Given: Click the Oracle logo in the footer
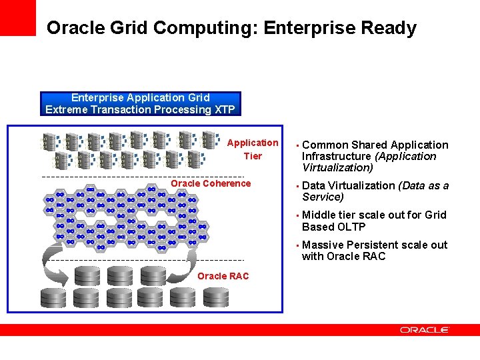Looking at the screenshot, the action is coord(425,329).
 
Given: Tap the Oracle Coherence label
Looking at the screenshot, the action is coord(211,183).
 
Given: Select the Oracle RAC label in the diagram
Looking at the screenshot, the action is coord(223,276).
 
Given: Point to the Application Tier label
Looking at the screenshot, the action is coord(253,149).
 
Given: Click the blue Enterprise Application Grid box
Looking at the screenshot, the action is coord(141,103).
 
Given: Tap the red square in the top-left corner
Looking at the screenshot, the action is coord(17,17).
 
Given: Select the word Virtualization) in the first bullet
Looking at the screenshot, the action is coord(337,167).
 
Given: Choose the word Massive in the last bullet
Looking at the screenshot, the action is coord(323,245).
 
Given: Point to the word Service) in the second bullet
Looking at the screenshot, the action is coord(323,197).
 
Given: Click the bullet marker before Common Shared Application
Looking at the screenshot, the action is coord(297,145).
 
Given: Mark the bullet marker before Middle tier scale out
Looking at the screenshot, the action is coord(297,215).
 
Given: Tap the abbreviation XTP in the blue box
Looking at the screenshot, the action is coord(222,109).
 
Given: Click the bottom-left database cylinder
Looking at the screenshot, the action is coord(53,297).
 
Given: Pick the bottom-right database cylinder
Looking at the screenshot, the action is coord(216,297).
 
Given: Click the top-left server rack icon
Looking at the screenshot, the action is coord(51,141).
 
